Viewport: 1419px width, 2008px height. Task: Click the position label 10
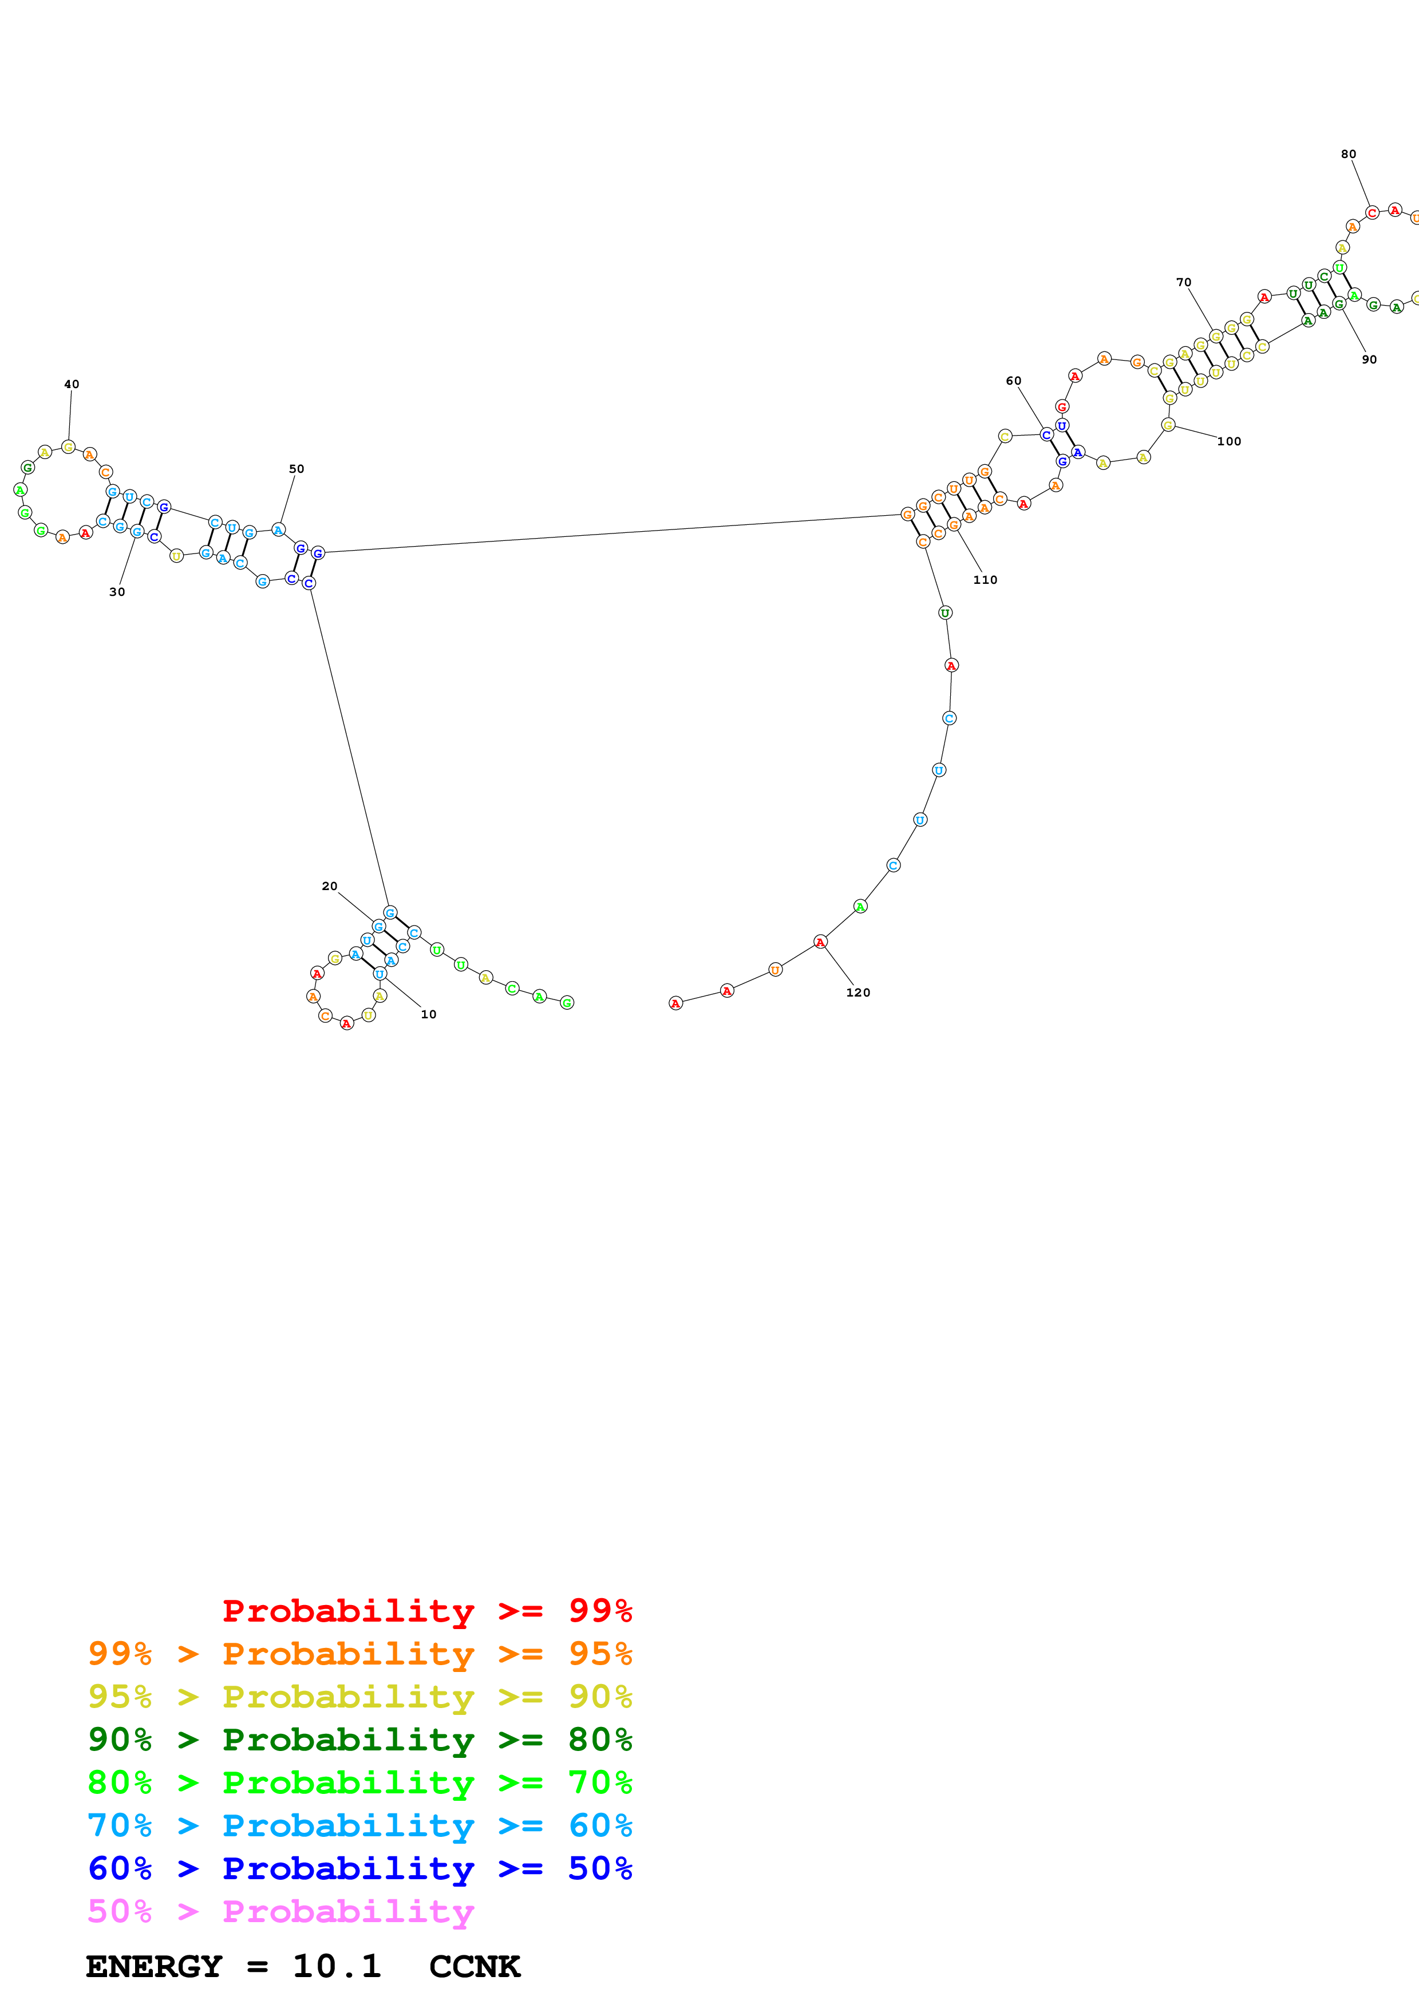tap(428, 1014)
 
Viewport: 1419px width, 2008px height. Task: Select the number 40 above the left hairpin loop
tap(72, 384)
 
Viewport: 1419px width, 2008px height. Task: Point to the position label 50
tap(297, 469)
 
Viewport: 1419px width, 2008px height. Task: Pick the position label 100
tap(1230, 442)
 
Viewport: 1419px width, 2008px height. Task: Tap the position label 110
tap(985, 580)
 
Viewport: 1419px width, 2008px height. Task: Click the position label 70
tap(1184, 283)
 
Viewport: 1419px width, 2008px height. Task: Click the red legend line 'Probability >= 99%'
tap(426, 1610)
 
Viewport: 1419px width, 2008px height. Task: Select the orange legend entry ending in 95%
tap(359, 1654)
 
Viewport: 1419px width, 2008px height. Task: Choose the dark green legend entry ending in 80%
tap(359, 1740)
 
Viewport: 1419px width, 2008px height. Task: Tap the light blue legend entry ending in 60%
tap(359, 1825)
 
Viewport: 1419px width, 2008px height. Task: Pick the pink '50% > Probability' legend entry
tap(280, 1911)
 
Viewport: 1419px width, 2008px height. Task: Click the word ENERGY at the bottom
tap(154, 1967)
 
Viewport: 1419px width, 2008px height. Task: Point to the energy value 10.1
tap(337, 1967)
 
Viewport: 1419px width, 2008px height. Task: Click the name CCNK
tap(475, 1967)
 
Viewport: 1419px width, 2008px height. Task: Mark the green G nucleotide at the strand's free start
tap(567, 1002)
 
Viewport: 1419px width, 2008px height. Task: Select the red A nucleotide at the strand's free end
tap(675, 1003)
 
